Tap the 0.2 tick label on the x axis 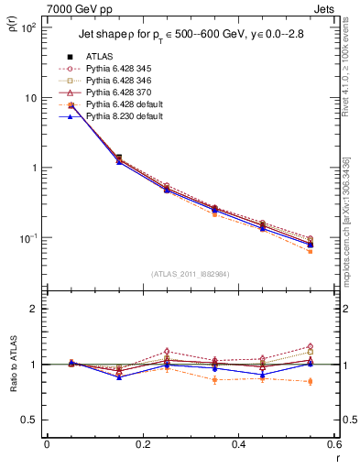(142, 444)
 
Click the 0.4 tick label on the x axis (238, 444)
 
